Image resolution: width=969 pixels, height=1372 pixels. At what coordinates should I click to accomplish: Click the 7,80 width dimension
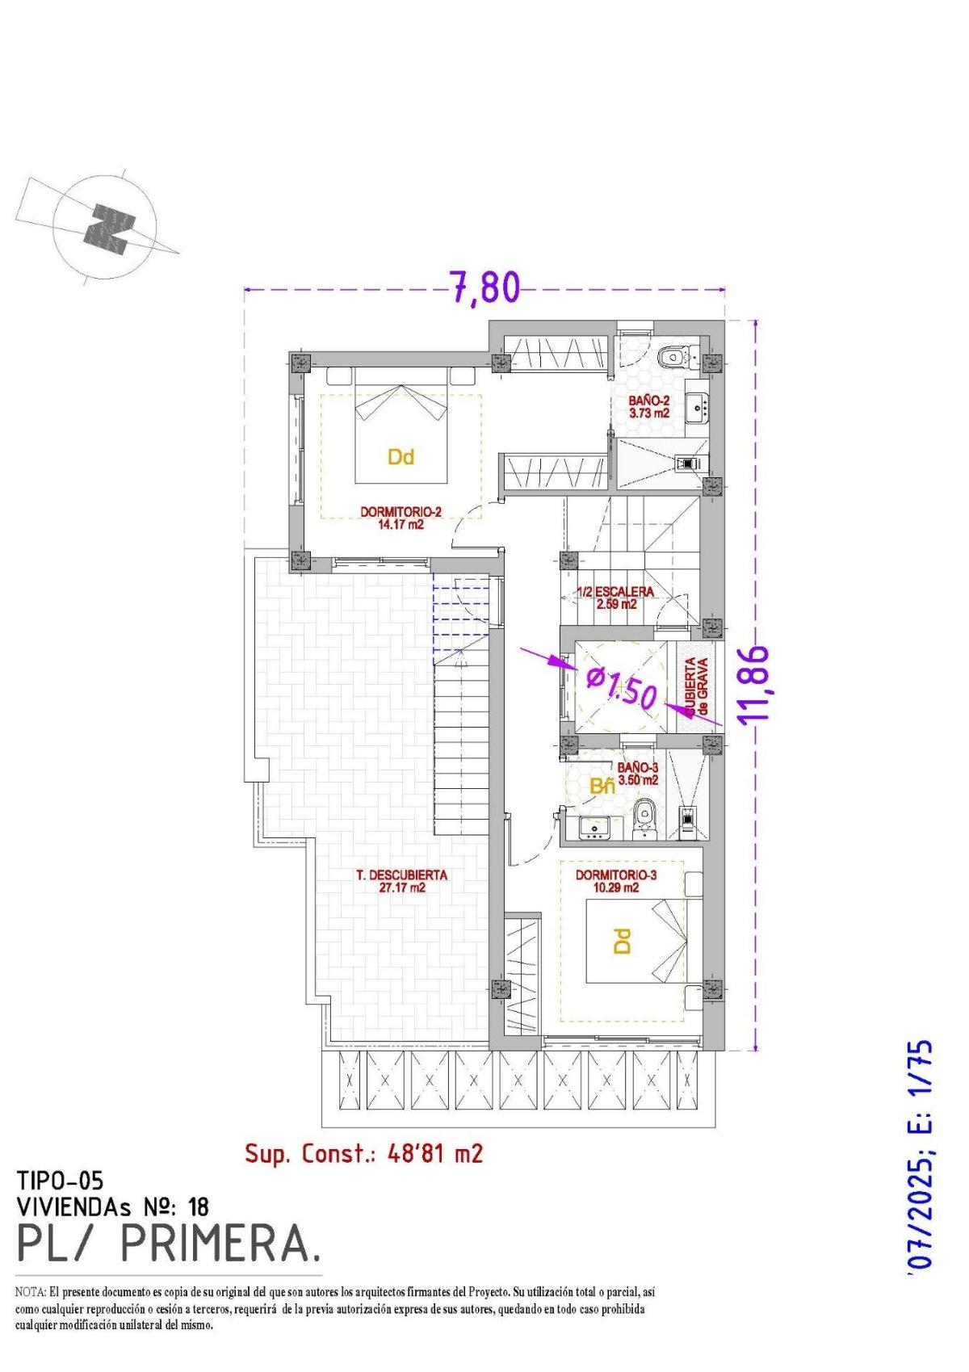click(x=484, y=287)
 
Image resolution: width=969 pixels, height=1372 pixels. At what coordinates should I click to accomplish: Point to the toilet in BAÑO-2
click(x=672, y=355)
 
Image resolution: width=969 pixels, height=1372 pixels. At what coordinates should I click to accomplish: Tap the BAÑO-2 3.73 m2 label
click(x=649, y=406)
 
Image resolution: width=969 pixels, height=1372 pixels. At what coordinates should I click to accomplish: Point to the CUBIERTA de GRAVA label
click(x=696, y=687)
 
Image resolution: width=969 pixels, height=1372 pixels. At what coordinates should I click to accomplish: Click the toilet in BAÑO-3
click(x=644, y=816)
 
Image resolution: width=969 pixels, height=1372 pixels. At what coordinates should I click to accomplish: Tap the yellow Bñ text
click(x=602, y=787)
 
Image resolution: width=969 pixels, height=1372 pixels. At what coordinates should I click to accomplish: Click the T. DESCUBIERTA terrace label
click(x=401, y=880)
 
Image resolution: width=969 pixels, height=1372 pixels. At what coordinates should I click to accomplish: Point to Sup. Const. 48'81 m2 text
click(x=363, y=1153)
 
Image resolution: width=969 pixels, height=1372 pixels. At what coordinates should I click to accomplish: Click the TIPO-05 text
click(x=60, y=1181)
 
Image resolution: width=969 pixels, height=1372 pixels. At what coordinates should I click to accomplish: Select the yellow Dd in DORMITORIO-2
click(x=401, y=457)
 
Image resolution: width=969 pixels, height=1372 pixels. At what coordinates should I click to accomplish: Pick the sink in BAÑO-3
click(x=594, y=826)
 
